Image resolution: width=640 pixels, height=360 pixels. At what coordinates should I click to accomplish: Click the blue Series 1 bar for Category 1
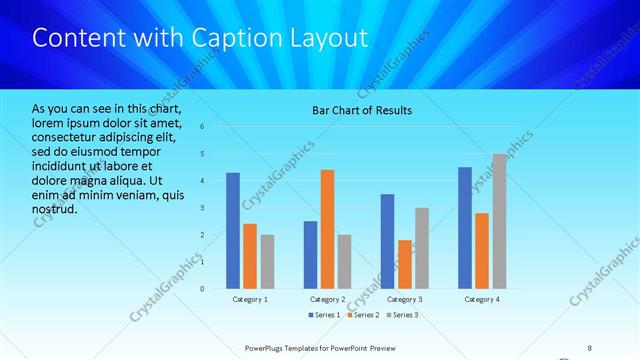click(233, 231)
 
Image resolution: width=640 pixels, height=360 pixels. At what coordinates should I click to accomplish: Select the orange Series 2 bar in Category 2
click(327, 229)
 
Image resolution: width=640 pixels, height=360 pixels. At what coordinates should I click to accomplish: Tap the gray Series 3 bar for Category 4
click(499, 221)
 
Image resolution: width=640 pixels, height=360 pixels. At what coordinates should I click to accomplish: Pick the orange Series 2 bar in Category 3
click(404, 264)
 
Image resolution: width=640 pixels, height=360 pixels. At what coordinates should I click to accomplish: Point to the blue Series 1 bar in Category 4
click(464, 228)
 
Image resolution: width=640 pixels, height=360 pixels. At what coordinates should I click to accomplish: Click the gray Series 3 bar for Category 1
click(267, 262)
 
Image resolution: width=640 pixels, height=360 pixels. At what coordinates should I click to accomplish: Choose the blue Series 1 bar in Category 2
click(310, 255)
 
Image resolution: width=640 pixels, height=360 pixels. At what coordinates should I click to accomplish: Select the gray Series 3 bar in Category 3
click(422, 248)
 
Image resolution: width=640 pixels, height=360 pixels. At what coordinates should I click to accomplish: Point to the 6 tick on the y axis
click(202, 127)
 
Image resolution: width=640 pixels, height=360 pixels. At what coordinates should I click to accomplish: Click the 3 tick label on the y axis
click(202, 208)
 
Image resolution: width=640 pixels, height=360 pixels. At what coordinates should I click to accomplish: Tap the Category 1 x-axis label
click(250, 299)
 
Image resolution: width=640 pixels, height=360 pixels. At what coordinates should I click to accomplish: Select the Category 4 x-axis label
click(482, 299)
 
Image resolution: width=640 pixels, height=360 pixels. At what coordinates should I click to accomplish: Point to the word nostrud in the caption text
click(54, 209)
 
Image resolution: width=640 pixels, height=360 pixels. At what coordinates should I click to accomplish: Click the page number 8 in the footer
click(589, 347)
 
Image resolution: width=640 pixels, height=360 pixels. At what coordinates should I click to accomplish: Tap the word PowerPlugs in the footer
click(267, 347)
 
